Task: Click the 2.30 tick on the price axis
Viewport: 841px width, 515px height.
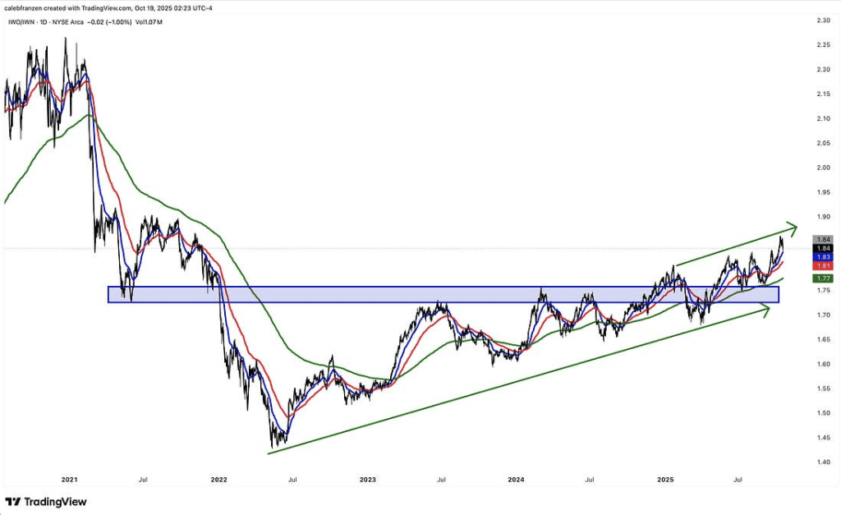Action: point(820,21)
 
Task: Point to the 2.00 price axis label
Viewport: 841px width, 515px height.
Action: point(820,168)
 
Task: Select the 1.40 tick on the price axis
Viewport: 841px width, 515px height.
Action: point(820,462)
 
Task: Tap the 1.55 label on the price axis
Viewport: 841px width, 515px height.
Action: point(820,389)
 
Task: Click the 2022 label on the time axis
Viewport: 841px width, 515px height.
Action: point(218,478)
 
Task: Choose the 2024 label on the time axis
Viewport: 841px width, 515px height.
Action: point(516,478)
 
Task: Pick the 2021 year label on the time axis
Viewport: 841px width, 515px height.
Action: point(70,478)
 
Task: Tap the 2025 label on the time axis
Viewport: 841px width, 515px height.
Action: point(665,478)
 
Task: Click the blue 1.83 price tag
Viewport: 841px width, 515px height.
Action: point(820,257)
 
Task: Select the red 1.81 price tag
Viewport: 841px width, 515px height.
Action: point(820,266)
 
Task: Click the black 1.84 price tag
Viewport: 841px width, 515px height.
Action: point(820,248)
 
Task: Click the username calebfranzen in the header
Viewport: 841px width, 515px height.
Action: point(26,7)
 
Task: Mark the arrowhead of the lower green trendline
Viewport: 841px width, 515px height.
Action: point(765,310)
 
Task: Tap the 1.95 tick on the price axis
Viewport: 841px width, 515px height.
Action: point(820,192)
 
